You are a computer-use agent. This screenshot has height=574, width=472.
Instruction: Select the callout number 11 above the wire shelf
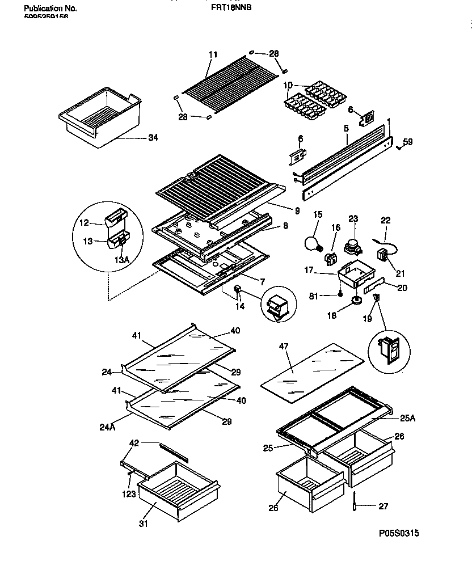click(213, 54)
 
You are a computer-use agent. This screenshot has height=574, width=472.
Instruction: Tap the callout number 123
click(129, 495)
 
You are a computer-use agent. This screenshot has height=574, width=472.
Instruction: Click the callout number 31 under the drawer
click(143, 524)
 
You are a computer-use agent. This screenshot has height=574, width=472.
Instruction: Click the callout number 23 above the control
click(353, 218)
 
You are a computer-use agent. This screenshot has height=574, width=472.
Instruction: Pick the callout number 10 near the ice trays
click(288, 86)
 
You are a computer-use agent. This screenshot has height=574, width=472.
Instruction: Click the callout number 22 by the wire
click(386, 221)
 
